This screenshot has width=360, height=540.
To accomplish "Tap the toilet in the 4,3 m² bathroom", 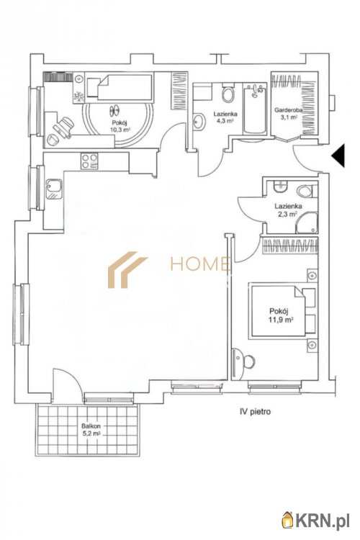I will [228, 94].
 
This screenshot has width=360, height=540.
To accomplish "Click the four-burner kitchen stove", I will [89, 161].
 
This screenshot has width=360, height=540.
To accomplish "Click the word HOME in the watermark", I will [199, 265].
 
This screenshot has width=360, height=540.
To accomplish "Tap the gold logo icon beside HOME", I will [127, 269].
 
